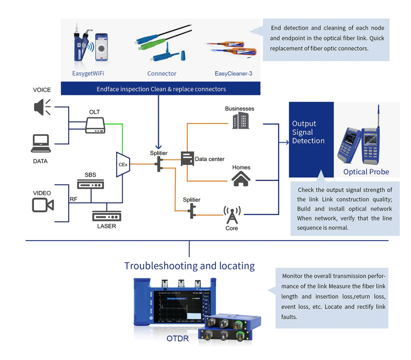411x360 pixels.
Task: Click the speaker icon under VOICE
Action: (x=42, y=107)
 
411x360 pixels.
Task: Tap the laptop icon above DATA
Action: (x=41, y=144)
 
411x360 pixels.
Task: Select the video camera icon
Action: (x=43, y=205)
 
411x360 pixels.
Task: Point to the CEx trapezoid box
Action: (x=123, y=164)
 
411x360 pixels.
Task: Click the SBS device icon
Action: (x=91, y=184)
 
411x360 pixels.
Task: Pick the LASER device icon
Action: (x=106, y=217)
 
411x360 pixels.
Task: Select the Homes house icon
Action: (x=241, y=178)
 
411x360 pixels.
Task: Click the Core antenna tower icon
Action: (x=232, y=215)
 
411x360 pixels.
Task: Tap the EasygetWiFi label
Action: (x=88, y=73)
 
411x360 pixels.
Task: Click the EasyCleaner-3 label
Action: (x=233, y=73)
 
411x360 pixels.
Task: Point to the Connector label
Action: (x=162, y=73)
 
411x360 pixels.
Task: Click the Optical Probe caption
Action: (x=366, y=172)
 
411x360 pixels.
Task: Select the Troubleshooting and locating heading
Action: (x=190, y=266)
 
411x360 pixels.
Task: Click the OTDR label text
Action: (x=177, y=338)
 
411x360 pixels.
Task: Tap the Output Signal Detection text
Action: (x=308, y=132)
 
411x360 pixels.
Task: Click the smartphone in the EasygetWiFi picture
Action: (x=101, y=48)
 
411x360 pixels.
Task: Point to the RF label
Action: (x=73, y=199)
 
